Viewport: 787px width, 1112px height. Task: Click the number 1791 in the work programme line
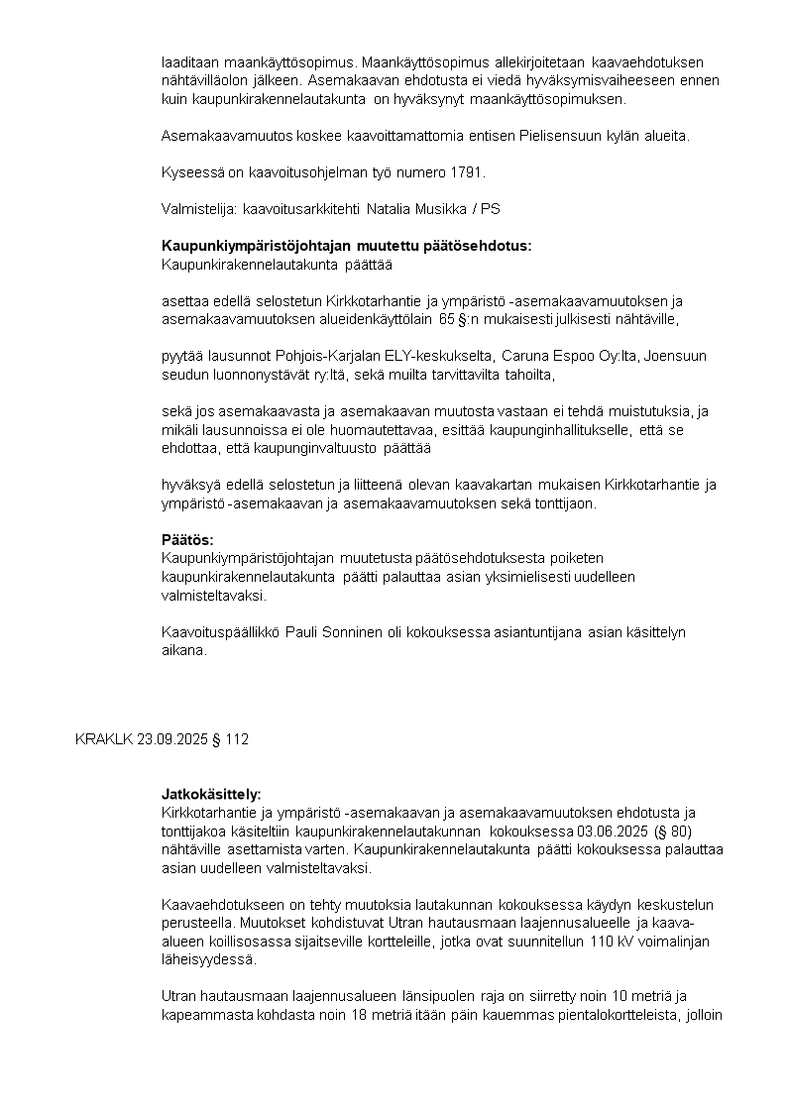click(x=468, y=172)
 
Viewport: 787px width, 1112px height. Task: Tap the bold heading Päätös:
click(x=187, y=540)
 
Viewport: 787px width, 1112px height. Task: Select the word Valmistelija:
click(x=198, y=209)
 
